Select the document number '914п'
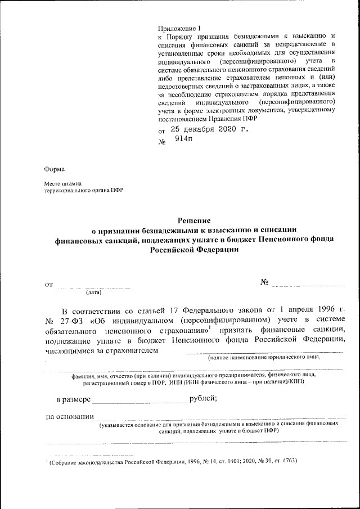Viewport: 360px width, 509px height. [183, 141]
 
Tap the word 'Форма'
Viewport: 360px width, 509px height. [55, 169]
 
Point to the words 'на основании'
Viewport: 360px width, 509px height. [69, 417]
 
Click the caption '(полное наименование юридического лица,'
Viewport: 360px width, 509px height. [264, 357]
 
